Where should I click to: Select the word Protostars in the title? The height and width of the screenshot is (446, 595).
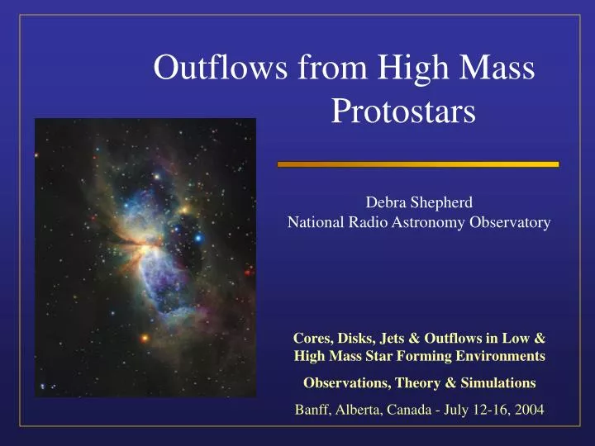tap(403, 111)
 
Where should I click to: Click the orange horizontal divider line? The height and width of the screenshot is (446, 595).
tap(417, 164)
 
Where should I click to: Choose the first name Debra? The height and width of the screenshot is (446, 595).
tap(385, 201)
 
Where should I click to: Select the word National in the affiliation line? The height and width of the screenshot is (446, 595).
tap(312, 221)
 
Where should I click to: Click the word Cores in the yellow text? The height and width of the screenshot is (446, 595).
tap(312, 339)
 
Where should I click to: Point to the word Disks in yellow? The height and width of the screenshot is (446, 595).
tap(354, 339)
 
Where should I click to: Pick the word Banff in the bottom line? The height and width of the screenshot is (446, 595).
tap(312, 410)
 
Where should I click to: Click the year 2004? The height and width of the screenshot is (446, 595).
tap(527, 410)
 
